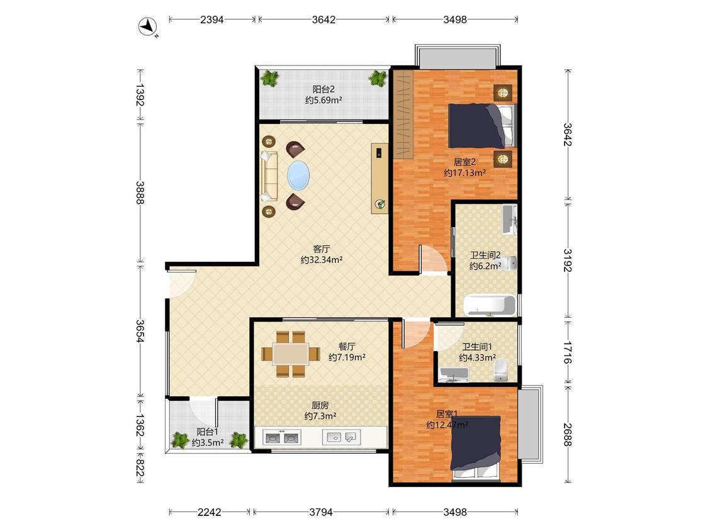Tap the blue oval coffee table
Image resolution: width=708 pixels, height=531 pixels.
click(299, 176)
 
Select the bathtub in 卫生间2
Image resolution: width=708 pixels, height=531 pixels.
click(490, 305)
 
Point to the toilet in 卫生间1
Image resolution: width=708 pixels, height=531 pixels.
click(501, 371)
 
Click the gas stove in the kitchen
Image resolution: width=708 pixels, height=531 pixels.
click(282, 437)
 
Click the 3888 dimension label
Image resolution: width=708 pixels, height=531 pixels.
click(140, 193)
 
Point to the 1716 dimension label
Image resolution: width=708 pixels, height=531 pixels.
click(568, 353)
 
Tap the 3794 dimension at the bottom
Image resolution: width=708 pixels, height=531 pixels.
click(320, 512)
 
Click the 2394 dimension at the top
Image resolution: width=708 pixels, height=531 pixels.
click(211, 20)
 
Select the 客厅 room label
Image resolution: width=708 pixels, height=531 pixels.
click(322, 249)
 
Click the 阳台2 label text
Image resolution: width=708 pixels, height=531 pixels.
click(323, 89)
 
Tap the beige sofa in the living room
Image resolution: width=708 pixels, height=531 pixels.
click(269, 176)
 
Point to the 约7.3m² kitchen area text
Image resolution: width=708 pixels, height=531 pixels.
click(320, 416)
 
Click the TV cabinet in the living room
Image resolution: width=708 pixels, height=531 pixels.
click(379, 178)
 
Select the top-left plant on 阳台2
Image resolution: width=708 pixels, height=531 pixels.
click(270, 78)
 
